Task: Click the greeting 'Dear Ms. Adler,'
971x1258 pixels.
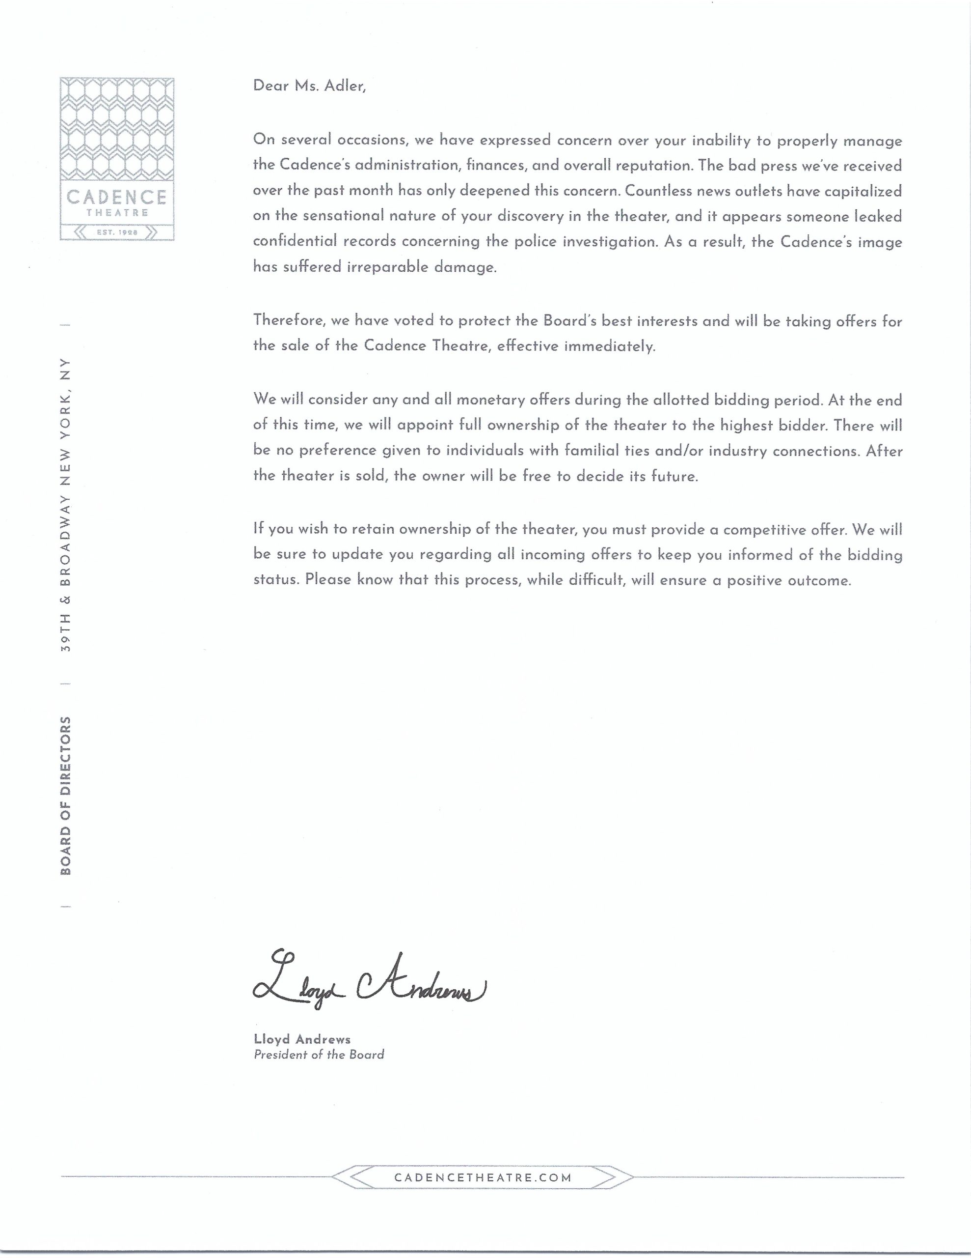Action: pyautogui.click(x=309, y=86)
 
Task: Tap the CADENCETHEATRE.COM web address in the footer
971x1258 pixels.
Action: pyautogui.click(x=483, y=1177)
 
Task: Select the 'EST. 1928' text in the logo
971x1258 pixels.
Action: pyautogui.click(x=117, y=233)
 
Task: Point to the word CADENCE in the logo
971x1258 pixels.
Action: pyautogui.click(x=117, y=197)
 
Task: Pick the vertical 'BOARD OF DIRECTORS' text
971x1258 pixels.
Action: pyautogui.click(x=66, y=796)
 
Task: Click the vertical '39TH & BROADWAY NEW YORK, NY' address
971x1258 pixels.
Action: pyautogui.click(x=66, y=505)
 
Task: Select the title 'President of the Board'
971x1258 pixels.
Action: pyautogui.click(x=319, y=1055)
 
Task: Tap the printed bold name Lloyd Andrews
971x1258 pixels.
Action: pyautogui.click(x=302, y=1039)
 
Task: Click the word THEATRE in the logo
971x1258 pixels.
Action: pyautogui.click(x=117, y=213)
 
